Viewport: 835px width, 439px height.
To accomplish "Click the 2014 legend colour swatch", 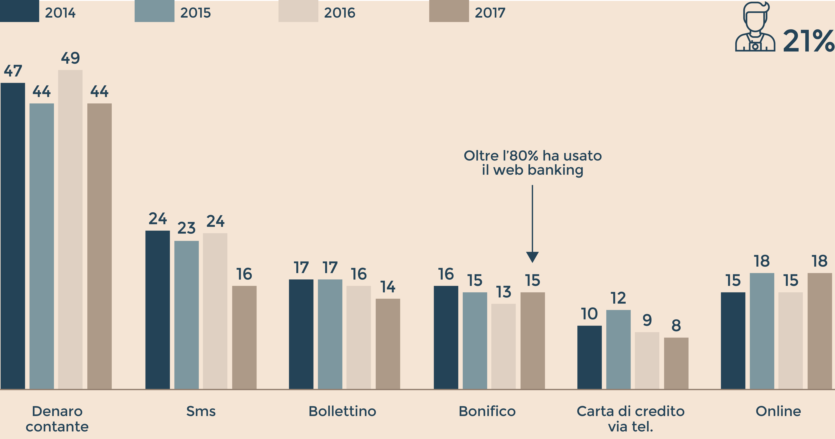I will coord(19,11).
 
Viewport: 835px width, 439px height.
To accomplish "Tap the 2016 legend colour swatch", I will coord(298,11).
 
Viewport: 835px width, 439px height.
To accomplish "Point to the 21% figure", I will coord(808,41).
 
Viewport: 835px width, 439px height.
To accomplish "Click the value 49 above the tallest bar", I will coord(70,58).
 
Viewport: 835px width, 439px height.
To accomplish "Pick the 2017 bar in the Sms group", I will coord(244,337).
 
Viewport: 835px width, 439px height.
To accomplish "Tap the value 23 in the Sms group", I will coord(186,228).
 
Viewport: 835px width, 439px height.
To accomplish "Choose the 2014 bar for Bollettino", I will coord(301,334).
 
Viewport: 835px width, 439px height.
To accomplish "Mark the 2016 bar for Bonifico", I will coord(503,346).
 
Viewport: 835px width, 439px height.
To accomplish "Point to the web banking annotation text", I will coord(533,163).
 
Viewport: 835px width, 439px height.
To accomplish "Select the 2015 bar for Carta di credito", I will coord(618,349).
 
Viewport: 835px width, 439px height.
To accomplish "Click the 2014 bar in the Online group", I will coord(733,340).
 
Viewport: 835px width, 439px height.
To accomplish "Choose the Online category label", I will coord(778,411).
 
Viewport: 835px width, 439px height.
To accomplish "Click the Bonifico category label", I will coord(487,411).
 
